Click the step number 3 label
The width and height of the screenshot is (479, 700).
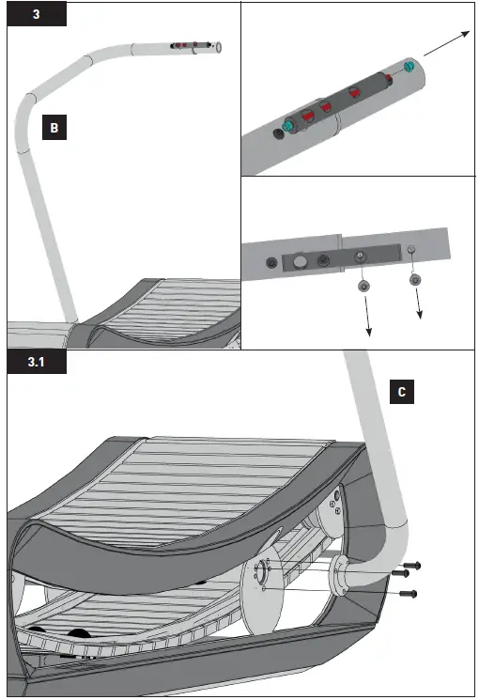[x=36, y=16]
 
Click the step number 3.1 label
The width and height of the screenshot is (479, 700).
[x=36, y=362]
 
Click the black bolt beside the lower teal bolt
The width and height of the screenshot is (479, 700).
[x=277, y=134]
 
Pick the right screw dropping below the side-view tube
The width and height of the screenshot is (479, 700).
[x=416, y=280]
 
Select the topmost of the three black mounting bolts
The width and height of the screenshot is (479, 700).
[x=412, y=565]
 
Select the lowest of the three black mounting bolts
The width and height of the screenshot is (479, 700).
[x=408, y=594]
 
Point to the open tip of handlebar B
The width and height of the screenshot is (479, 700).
[x=218, y=46]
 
